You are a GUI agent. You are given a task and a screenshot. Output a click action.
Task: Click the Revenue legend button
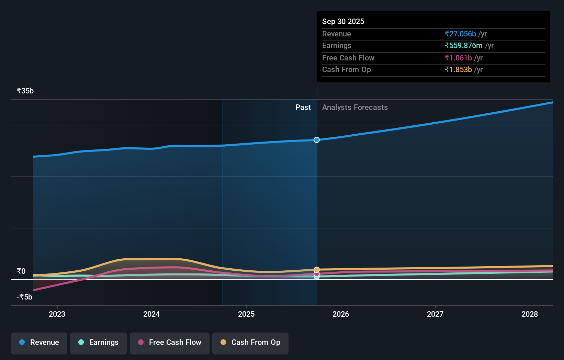click(39, 342)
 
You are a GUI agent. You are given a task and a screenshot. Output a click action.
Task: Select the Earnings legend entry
click(99, 342)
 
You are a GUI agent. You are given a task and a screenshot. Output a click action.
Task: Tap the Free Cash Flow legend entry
click(170, 342)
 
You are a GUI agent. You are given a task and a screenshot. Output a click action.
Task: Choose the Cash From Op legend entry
click(250, 342)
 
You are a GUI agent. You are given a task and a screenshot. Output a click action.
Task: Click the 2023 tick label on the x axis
click(57, 314)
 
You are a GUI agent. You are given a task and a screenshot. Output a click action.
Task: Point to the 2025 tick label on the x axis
click(246, 314)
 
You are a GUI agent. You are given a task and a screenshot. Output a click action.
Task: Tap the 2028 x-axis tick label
click(529, 314)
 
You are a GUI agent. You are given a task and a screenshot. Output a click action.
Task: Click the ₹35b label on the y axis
click(25, 91)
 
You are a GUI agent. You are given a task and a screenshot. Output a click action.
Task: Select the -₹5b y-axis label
click(24, 297)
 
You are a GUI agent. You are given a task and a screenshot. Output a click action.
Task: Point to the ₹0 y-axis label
click(21, 271)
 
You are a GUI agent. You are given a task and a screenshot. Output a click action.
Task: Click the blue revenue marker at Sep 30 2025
click(317, 140)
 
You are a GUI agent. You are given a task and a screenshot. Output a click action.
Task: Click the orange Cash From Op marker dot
click(317, 270)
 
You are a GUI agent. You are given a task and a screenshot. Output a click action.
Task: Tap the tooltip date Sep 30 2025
click(343, 21)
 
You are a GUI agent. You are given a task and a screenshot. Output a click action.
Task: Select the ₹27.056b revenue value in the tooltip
click(460, 34)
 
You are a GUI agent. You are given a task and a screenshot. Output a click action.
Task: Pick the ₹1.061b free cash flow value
click(458, 58)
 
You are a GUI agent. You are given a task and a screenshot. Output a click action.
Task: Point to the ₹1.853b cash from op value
click(458, 69)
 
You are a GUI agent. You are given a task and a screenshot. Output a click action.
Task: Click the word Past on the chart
click(303, 108)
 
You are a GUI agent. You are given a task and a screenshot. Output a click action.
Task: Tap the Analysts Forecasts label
click(355, 108)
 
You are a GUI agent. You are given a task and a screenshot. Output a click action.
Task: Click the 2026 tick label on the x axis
click(341, 314)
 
